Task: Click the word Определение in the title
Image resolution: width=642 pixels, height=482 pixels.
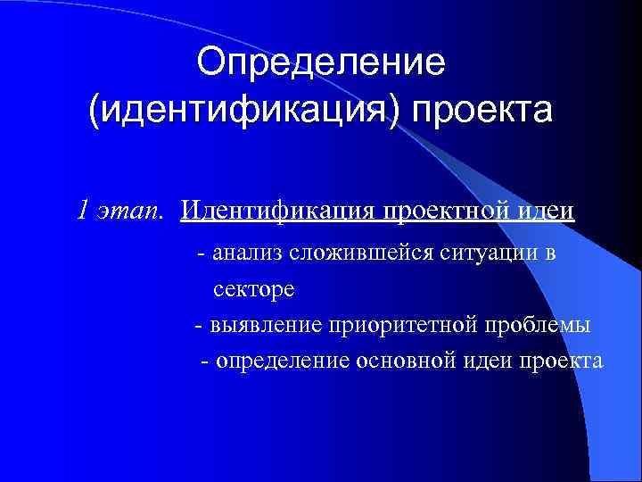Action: tap(321, 63)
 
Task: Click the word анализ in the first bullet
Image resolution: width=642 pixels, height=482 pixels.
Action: tap(246, 253)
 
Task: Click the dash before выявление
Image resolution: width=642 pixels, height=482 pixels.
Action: tap(199, 325)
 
